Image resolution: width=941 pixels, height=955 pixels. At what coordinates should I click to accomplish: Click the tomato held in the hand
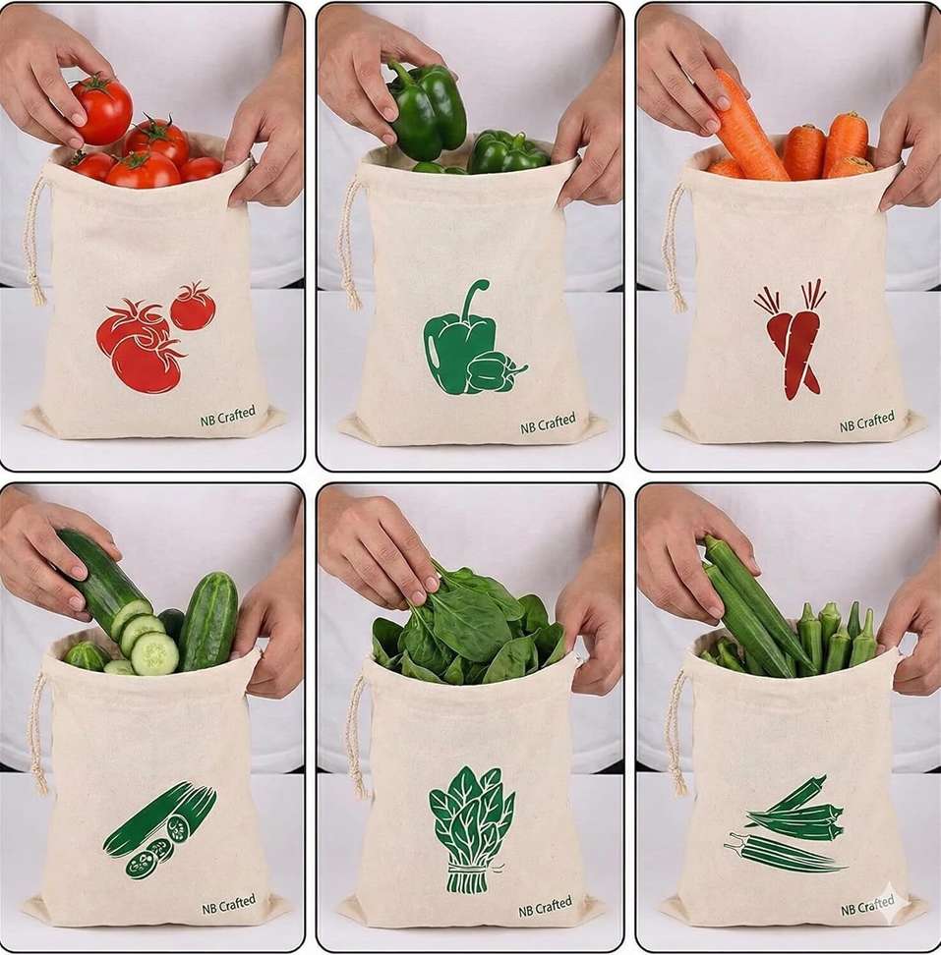click(101, 111)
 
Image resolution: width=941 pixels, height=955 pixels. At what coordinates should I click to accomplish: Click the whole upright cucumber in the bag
click(209, 621)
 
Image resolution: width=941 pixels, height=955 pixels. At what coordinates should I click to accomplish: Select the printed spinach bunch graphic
click(470, 829)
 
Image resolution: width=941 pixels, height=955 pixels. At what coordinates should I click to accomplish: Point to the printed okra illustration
click(787, 822)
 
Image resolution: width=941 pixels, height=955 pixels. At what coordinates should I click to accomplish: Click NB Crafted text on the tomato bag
click(228, 416)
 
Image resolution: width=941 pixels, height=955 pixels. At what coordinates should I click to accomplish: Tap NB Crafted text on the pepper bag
click(548, 423)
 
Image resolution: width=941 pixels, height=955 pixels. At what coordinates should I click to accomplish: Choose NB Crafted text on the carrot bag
click(866, 421)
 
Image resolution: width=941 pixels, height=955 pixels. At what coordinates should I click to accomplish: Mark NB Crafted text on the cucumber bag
click(228, 905)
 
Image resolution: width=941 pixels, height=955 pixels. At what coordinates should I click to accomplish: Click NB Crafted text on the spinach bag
click(545, 906)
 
